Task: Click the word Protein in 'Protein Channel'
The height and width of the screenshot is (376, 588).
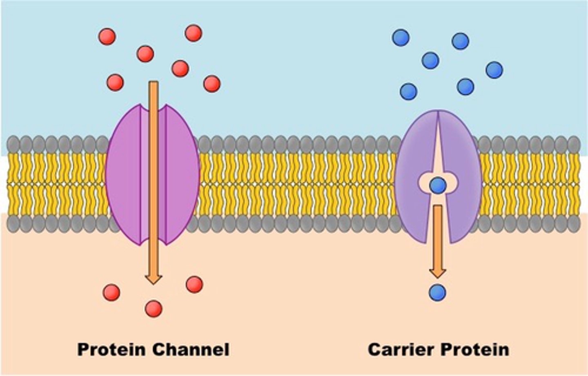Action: click(x=111, y=349)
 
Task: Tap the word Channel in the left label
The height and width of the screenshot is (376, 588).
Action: click(x=191, y=349)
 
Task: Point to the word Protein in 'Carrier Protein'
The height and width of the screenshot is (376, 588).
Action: click(x=475, y=349)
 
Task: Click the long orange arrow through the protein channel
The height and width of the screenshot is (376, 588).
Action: click(x=154, y=182)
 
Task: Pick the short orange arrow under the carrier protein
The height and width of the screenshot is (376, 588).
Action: click(x=438, y=241)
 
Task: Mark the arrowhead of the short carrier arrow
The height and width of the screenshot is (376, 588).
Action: click(x=438, y=273)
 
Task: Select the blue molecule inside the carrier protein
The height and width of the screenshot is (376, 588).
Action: click(x=438, y=185)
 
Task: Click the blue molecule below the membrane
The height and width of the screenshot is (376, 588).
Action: click(x=437, y=293)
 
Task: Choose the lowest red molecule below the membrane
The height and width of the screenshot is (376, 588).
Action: click(x=154, y=309)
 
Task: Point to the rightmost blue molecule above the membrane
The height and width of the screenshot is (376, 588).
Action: click(x=494, y=70)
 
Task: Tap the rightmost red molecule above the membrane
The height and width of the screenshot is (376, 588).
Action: click(x=212, y=84)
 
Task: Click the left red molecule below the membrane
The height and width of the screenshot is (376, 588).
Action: click(x=111, y=292)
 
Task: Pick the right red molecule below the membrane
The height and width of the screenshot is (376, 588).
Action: click(x=194, y=285)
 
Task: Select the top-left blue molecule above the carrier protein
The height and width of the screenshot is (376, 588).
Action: click(x=401, y=38)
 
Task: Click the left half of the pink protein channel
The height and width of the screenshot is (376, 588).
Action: click(x=123, y=174)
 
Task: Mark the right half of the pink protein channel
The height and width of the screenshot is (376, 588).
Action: click(x=183, y=174)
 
